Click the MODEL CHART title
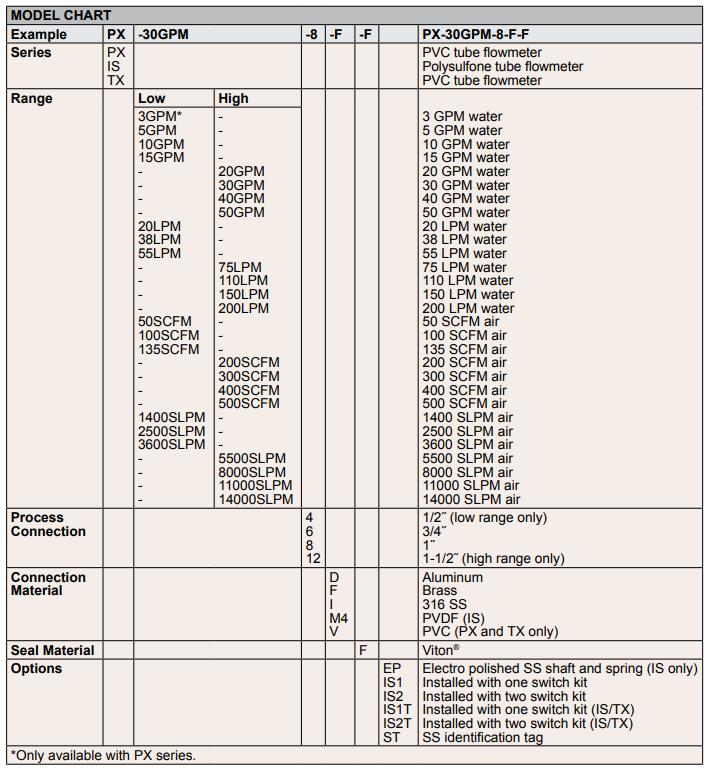61,16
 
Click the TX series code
116,81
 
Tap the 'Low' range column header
152,99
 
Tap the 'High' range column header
233,99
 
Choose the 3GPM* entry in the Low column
160,117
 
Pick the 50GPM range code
241,213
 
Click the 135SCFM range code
169,350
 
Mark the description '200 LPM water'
468,309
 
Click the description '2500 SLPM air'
468,431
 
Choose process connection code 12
313,559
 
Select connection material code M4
339,619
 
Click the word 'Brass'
440,591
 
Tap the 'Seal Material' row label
53,651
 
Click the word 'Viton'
439,651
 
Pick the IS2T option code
397,724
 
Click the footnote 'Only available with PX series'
104,756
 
